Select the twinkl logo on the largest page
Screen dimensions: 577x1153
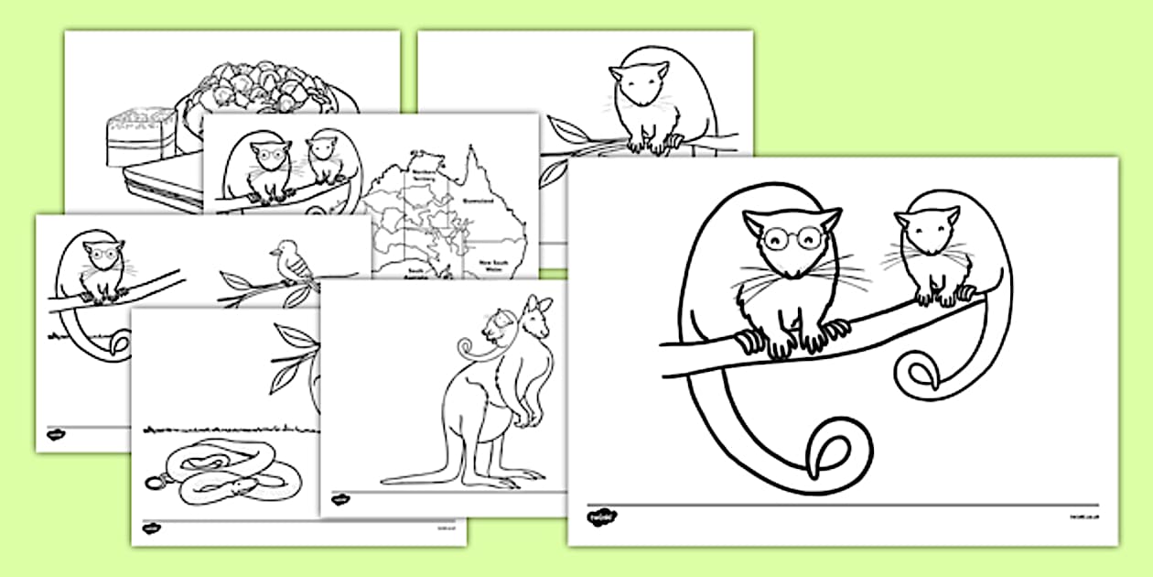coord(600,518)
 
